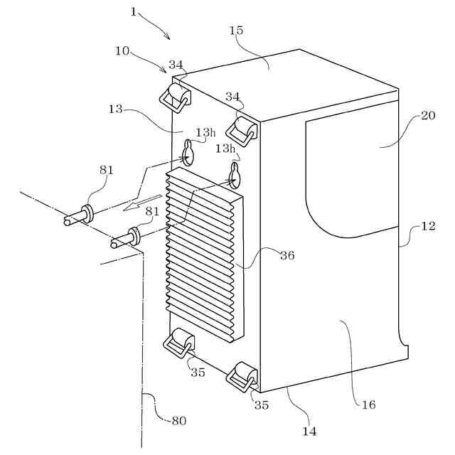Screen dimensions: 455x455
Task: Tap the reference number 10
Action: (122, 51)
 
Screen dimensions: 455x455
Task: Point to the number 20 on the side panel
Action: (427, 116)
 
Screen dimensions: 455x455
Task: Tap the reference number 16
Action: (368, 405)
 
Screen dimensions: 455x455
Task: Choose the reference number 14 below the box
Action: (309, 431)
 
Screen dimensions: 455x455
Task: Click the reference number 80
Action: (178, 420)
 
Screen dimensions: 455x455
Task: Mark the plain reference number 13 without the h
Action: (116, 109)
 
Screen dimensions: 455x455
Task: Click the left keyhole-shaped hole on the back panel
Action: (188, 152)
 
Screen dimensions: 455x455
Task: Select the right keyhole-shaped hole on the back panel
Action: (235, 173)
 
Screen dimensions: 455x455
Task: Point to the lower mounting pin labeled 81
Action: (125, 237)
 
